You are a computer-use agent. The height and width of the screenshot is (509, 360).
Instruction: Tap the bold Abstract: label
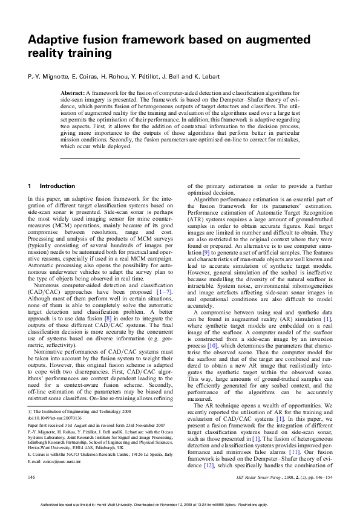pos(72,92)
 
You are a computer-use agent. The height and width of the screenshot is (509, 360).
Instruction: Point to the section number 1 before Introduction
pos(30,186)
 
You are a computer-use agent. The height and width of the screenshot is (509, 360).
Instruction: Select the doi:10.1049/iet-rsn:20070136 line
pos(54,417)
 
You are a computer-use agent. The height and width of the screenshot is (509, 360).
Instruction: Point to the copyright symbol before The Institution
pos(30,410)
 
